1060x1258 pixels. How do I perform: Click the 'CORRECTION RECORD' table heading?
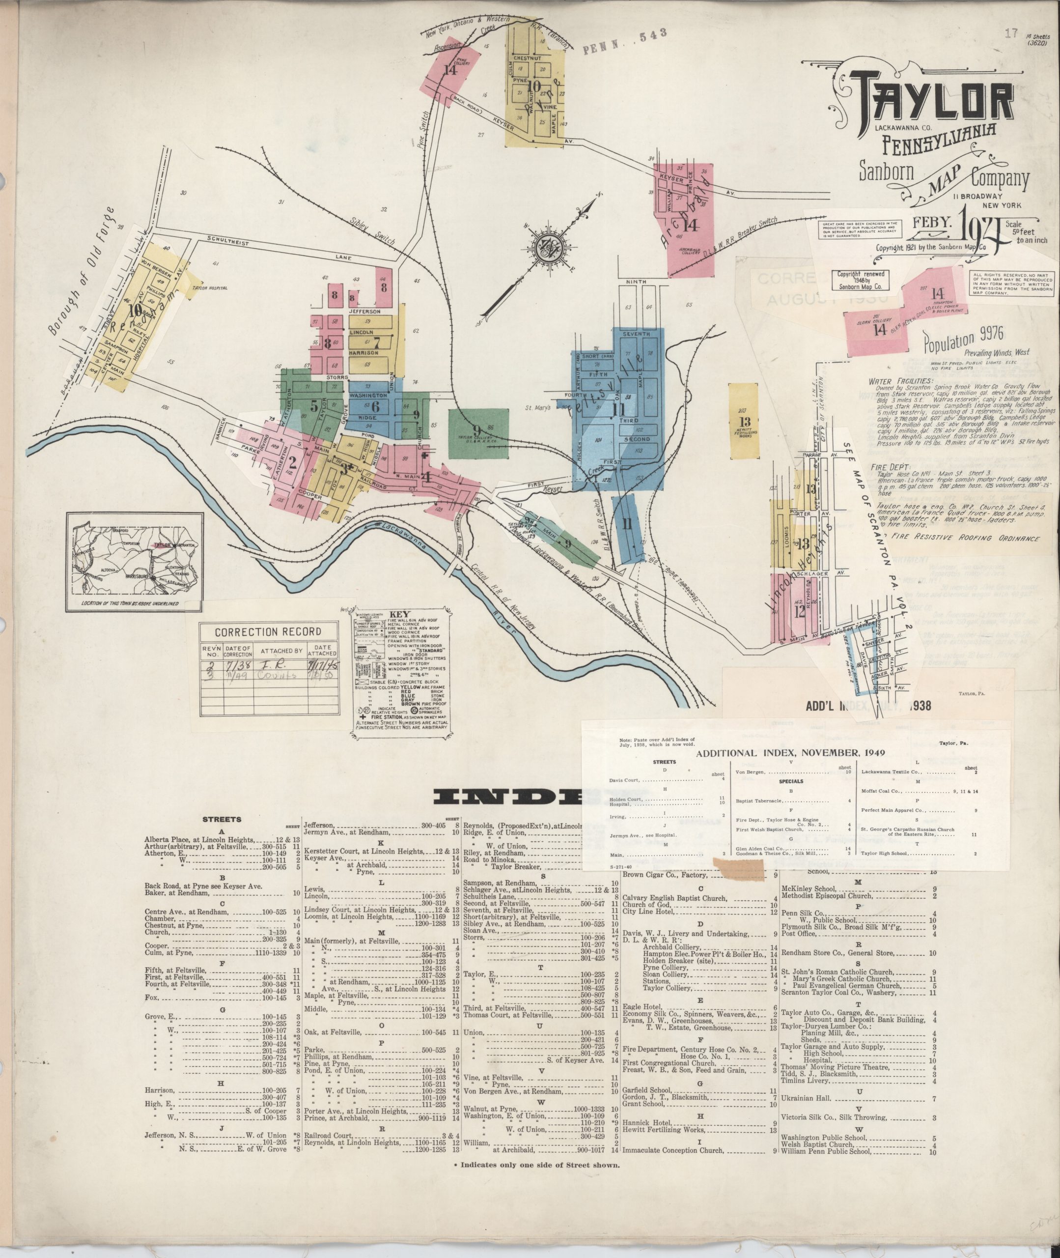click(x=268, y=632)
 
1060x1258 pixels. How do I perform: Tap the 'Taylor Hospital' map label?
click(x=210, y=288)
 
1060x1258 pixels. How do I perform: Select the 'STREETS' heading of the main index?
click(x=223, y=819)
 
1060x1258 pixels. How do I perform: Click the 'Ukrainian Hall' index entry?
click(x=805, y=1099)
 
